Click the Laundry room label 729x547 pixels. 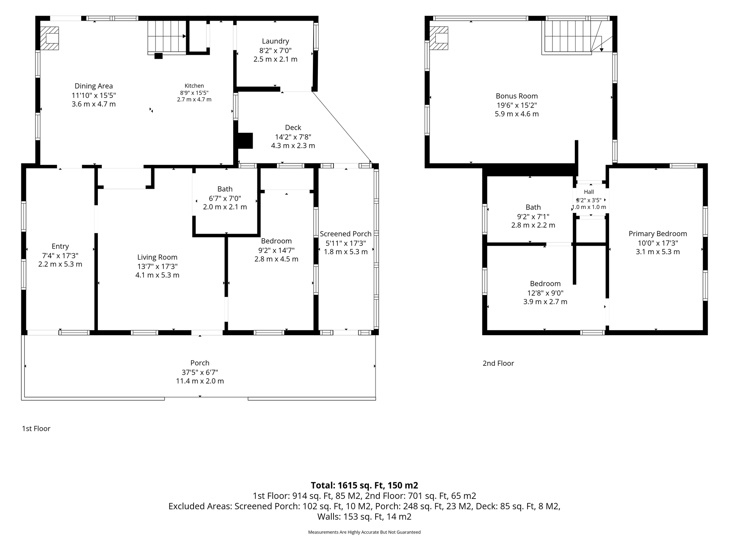pos(275,41)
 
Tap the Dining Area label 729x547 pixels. pos(94,86)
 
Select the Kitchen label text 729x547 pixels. pos(194,86)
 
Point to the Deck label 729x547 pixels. pos(293,127)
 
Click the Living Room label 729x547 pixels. pos(157,257)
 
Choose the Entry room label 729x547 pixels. pos(60,246)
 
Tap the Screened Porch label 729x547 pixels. pos(346,234)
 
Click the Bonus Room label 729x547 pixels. pos(517,96)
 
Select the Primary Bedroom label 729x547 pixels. pos(658,234)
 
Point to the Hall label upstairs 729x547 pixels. pos(589,192)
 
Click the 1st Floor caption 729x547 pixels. pos(36,428)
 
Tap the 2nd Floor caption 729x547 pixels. pos(498,363)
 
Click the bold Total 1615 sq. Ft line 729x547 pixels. pos(364,485)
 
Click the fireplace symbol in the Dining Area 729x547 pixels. pos(49,38)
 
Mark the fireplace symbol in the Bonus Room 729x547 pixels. pos(439,38)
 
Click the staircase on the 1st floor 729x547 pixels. pos(167,37)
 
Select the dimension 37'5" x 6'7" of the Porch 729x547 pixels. pos(200,373)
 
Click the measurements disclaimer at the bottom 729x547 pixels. pos(364,532)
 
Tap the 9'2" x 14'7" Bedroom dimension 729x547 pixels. pos(276,250)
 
